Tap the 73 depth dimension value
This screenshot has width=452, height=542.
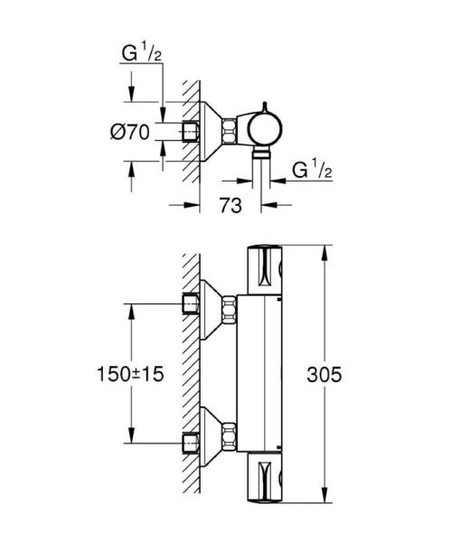click(x=231, y=206)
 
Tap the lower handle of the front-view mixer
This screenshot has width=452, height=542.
click(x=266, y=474)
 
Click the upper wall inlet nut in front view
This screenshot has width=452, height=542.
click(x=191, y=304)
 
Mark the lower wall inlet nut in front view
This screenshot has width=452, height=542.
click(x=191, y=443)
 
